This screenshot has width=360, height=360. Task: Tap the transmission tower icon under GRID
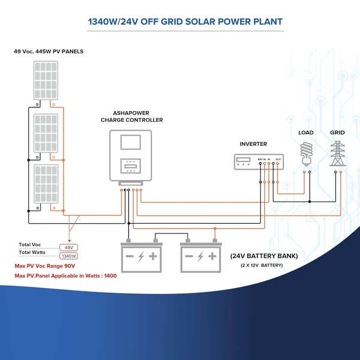point(337,154)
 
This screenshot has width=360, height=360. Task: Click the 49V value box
point(68,247)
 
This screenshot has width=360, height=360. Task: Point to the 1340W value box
point(68,256)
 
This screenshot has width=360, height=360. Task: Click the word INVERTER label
point(253,144)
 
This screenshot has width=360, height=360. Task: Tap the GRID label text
point(337,132)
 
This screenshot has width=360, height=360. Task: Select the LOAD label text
point(307,132)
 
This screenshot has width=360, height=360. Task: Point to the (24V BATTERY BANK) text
point(263,256)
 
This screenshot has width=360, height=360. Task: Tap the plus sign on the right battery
point(213,257)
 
